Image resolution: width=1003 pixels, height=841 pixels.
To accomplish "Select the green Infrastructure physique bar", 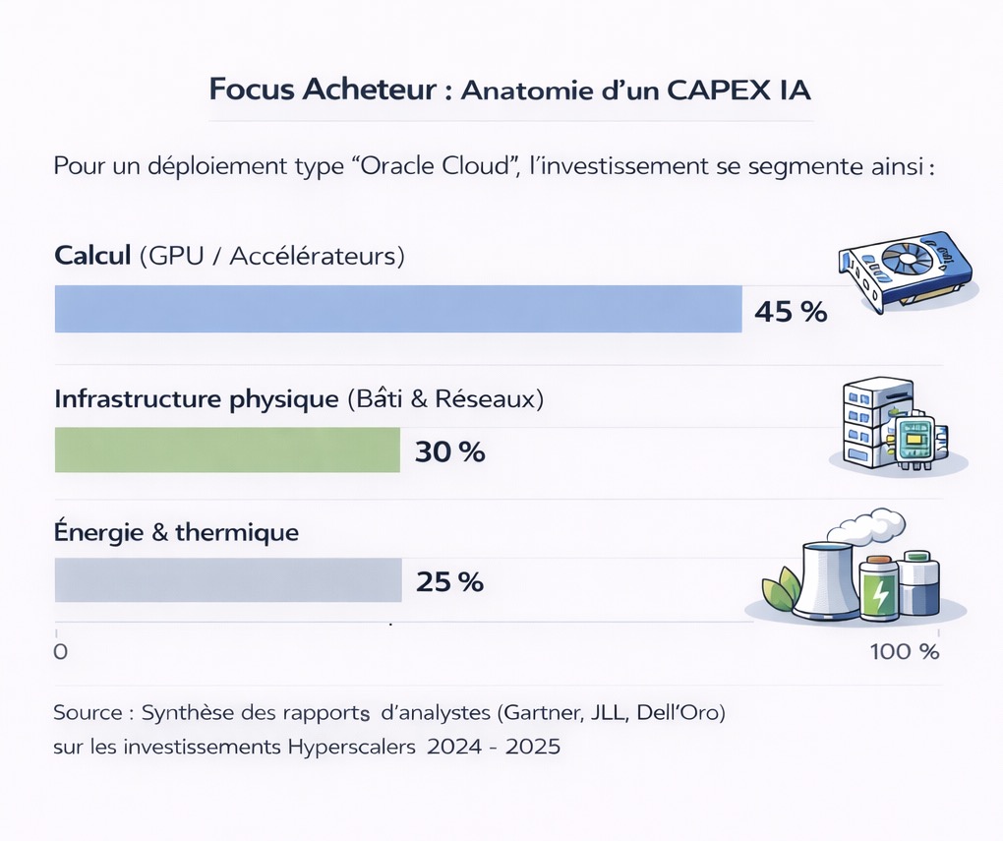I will tap(227, 451).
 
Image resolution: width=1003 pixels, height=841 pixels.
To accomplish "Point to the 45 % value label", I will tap(791, 312).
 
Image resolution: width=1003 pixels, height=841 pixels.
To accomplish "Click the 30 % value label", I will tap(450, 452).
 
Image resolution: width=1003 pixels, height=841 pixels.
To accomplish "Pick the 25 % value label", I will tap(450, 581).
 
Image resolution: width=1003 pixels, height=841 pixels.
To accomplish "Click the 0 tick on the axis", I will tap(59, 651).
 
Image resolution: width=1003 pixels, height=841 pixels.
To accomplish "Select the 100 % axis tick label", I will tap(905, 651).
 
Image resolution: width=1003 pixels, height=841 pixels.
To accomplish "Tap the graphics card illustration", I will tap(905, 270).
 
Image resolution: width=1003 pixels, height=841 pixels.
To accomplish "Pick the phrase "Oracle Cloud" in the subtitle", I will tap(440, 165).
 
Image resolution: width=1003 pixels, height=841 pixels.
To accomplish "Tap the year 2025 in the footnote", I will tap(532, 747).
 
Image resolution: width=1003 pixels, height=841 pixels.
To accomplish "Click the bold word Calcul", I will tap(92, 257).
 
